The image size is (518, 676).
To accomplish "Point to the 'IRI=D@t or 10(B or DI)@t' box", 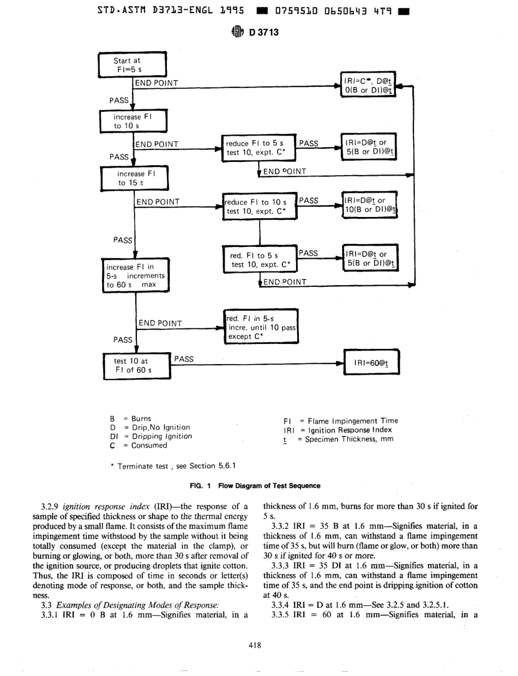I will pos(370,206).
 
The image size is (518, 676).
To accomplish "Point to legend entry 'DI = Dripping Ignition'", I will pos(150,436).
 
